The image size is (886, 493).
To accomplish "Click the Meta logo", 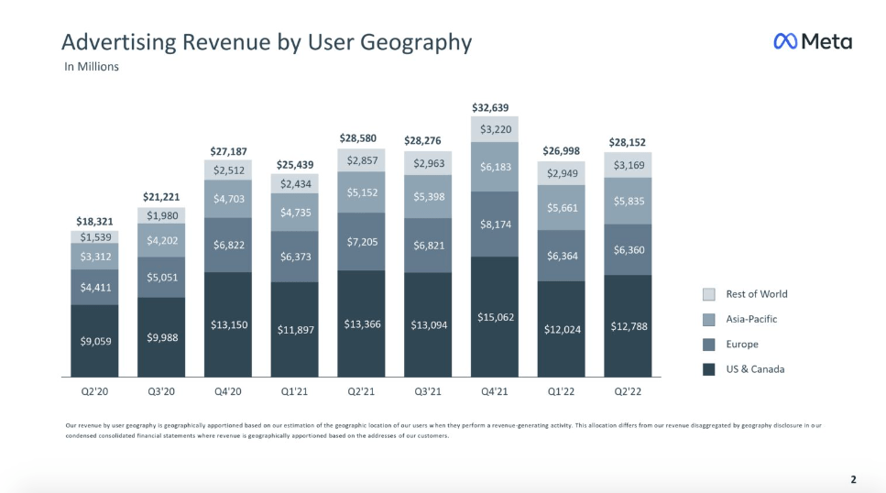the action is click(x=813, y=41).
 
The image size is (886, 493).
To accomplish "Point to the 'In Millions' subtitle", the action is click(x=92, y=67).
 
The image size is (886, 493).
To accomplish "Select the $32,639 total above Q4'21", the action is click(x=490, y=107).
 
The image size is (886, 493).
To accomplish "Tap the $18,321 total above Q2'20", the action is click(x=95, y=222).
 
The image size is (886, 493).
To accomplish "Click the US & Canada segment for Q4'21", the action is click(x=495, y=317).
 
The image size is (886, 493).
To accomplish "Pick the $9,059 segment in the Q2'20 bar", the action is click(x=95, y=341).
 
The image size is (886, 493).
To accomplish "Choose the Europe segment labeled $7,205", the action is click(x=361, y=241).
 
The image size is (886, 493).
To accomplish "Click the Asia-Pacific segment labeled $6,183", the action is click(x=495, y=167).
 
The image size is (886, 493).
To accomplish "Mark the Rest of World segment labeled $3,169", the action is click(x=628, y=165).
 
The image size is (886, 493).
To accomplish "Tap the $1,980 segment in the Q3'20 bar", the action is click(x=161, y=215).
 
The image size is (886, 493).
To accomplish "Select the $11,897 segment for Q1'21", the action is click(x=294, y=330).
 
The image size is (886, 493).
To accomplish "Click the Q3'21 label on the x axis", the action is click(x=428, y=391).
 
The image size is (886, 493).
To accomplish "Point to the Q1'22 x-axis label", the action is click(x=561, y=391).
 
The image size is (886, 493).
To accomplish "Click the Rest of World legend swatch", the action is click(x=708, y=294).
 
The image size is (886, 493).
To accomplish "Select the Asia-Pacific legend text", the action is click(x=751, y=319).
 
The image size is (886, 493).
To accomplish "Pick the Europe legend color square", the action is click(x=708, y=345).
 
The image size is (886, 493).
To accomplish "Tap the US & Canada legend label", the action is click(x=756, y=369).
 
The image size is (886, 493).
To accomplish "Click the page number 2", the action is click(x=853, y=479).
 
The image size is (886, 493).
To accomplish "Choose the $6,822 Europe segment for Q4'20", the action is click(x=228, y=245).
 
